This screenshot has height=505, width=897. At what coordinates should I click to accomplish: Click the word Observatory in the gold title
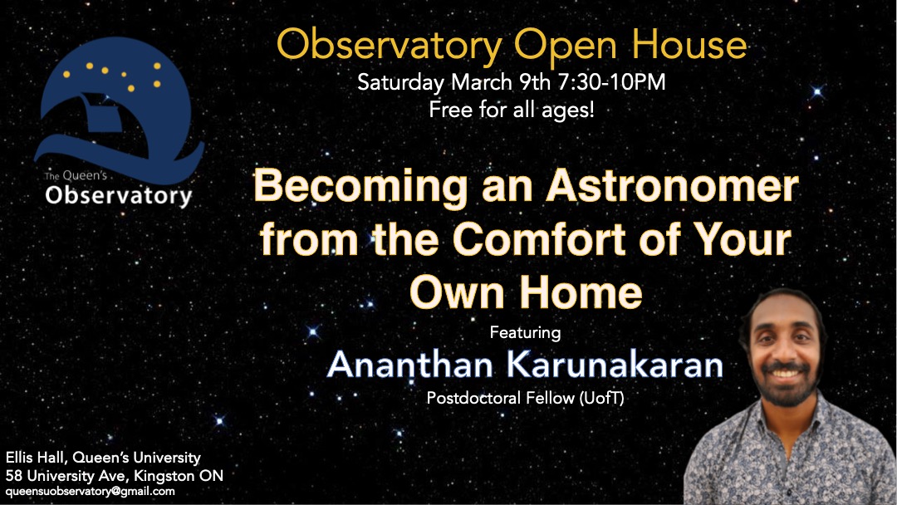[x=390, y=47]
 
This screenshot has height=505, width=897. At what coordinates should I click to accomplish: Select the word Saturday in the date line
[x=400, y=83]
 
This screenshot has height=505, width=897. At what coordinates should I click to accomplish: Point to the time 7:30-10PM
[x=611, y=81]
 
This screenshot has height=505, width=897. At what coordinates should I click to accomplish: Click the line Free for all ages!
[x=512, y=110]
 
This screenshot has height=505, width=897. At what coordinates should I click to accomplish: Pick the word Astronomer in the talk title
[x=672, y=186]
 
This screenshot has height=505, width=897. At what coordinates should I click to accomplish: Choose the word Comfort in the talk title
[x=539, y=240]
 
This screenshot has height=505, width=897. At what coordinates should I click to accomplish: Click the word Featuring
[x=525, y=333]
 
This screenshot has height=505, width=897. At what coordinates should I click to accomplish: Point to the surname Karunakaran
[x=615, y=365]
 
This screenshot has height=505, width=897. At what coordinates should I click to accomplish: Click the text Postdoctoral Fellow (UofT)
[x=525, y=398]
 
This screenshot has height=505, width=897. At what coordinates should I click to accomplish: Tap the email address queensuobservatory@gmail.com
[x=91, y=491]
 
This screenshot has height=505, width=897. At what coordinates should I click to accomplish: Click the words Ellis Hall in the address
[x=36, y=458]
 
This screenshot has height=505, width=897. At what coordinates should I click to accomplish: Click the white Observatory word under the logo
[x=119, y=195]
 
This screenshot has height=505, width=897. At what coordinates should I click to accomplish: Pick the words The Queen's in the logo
[x=76, y=175]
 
